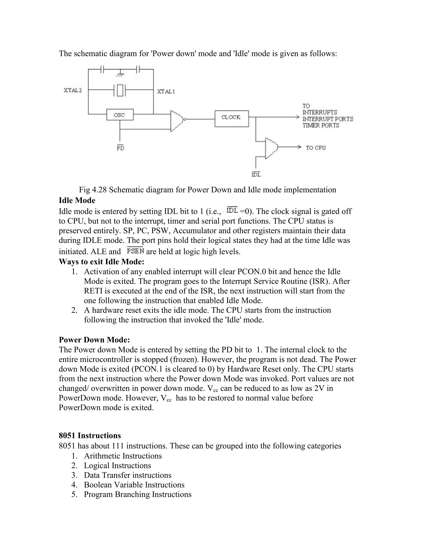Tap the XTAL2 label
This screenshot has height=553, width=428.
[73, 90]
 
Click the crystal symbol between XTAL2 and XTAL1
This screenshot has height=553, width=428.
[120, 90]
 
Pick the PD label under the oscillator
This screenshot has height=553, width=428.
[120, 148]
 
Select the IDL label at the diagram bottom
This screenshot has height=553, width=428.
[256, 174]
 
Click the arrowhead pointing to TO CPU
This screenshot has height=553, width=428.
[299, 147]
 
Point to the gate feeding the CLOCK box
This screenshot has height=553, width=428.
[177, 121]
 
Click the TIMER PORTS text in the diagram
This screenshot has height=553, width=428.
[321, 125]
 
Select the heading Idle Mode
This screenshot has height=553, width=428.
[77, 201]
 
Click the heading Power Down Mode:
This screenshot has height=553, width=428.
[94, 340]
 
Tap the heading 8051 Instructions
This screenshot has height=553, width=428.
[90, 436]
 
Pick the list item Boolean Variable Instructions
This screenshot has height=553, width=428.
[134, 485]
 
